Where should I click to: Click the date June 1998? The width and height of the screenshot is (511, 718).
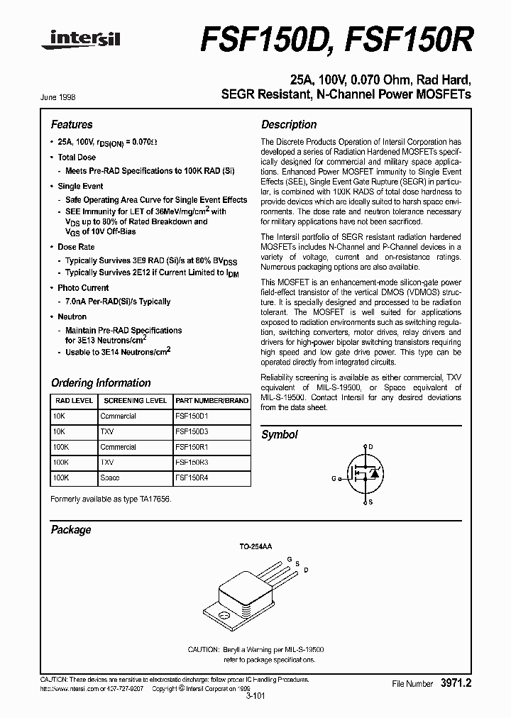tap(62, 98)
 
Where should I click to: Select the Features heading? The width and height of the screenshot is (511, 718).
tap(72, 124)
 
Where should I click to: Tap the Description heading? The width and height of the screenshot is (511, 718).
tap(289, 124)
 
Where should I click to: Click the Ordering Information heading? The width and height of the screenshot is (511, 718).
tap(101, 382)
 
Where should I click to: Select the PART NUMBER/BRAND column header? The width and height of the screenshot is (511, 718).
tap(211, 400)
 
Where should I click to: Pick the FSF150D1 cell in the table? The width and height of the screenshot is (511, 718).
tap(192, 416)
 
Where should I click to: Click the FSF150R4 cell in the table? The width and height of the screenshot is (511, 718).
tap(192, 478)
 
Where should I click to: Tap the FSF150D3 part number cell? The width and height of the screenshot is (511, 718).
tap(192, 431)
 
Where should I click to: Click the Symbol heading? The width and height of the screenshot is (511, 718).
tap(280, 434)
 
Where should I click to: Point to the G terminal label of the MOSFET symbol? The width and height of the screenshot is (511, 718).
tap(333, 479)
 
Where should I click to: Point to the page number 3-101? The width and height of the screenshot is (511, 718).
tap(255, 697)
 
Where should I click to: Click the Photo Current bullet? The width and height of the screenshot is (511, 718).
tap(83, 288)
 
